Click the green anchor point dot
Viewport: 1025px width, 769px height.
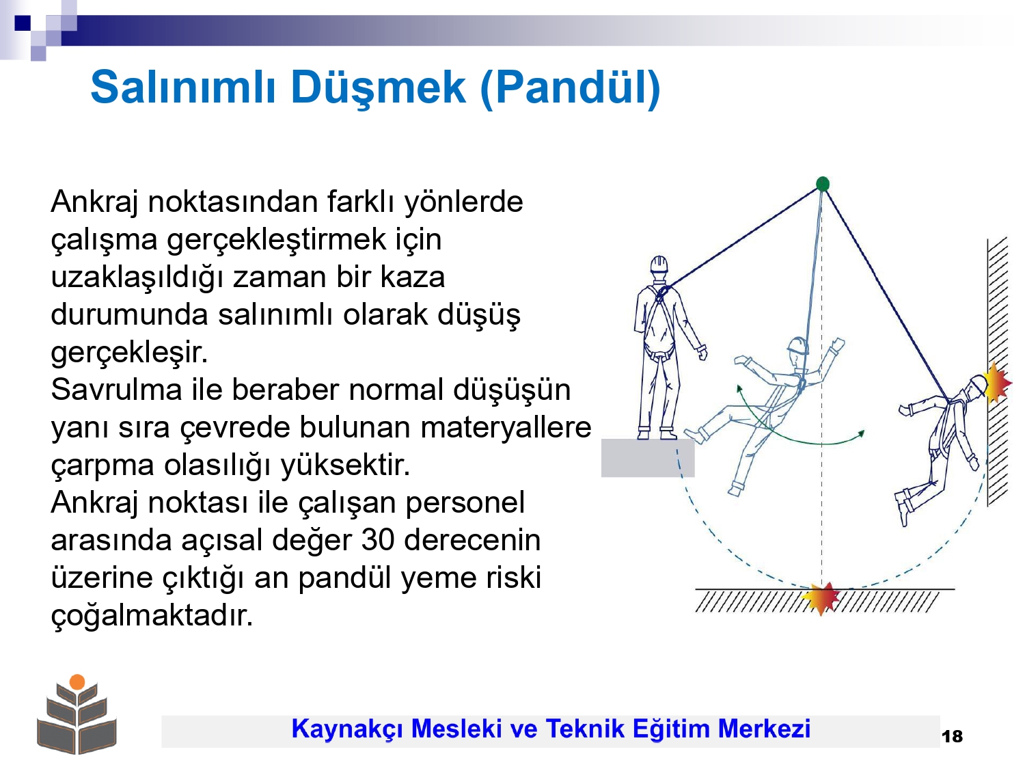click(x=823, y=183)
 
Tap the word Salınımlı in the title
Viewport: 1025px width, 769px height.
click(x=182, y=87)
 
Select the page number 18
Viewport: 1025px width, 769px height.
click(x=953, y=736)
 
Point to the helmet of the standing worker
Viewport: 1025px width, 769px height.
click(x=659, y=265)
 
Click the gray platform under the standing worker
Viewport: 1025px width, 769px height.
click(x=648, y=457)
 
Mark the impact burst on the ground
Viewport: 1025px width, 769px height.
click(x=821, y=599)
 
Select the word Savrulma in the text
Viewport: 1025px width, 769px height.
click(x=116, y=390)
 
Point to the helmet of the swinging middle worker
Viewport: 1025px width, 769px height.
click(x=797, y=345)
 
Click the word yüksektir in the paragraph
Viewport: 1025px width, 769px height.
click(x=345, y=465)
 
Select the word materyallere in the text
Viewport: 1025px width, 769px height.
click(x=506, y=427)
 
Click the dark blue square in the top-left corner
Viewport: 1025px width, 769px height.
click(x=23, y=23)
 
